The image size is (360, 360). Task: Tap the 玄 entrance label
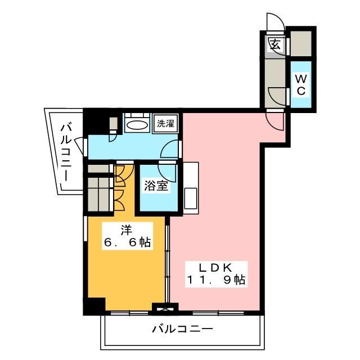pyautogui.click(x=275, y=44)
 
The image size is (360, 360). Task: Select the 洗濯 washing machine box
pyautogui.click(x=165, y=124)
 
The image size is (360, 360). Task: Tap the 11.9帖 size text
pyautogui.click(x=217, y=280)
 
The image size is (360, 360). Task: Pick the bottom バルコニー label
pyautogui.click(x=182, y=328)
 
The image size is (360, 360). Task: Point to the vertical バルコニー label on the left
pyautogui.click(x=65, y=152)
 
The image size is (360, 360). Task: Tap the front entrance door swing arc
pyautogui.click(x=275, y=22)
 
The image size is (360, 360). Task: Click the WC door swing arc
pyautogui.click(x=278, y=96)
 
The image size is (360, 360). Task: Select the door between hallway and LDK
pyautogui.click(x=275, y=120)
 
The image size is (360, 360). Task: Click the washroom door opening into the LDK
pyautogui.click(x=169, y=149)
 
